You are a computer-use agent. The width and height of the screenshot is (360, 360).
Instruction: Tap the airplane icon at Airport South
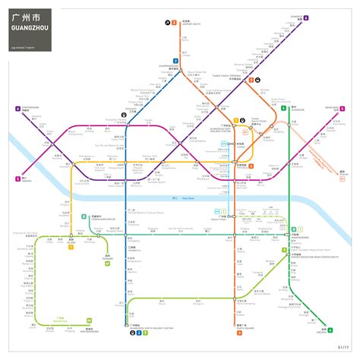click(x=167, y=23)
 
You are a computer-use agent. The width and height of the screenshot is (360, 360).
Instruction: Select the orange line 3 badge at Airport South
click(x=174, y=23)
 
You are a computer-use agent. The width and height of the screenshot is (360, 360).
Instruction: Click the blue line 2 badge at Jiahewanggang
click(x=175, y=60)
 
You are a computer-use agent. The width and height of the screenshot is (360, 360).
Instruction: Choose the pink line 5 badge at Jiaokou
click(x=17, y=178)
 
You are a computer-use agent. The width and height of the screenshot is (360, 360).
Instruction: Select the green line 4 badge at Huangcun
click(x=283, y=109)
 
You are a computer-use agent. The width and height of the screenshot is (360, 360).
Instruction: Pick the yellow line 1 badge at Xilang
click(x=71, y=247)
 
